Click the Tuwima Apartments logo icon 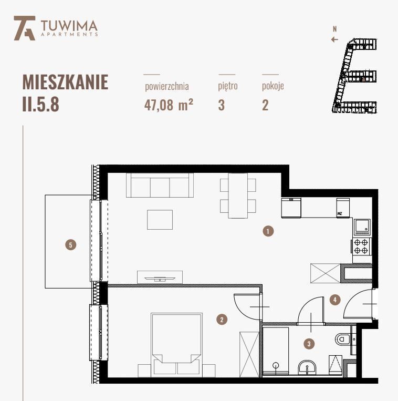[x=24, y=27]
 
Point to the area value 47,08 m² [x=169, y=105]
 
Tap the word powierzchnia [x=166, y=86]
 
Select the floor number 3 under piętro [x=222, y=105]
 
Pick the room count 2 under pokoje [x=265, y=105]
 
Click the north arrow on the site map [x=334, y=38]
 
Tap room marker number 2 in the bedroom [x=223, y=318]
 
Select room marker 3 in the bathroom [x=310, y=344]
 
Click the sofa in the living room [x=160, y=186]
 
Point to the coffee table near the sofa [x=160, y=220]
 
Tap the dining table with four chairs [x=238, y=195]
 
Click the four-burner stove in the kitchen [x=361, y=246]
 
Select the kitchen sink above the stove [x=362, y=227]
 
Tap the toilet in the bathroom [x=343, y=339]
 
